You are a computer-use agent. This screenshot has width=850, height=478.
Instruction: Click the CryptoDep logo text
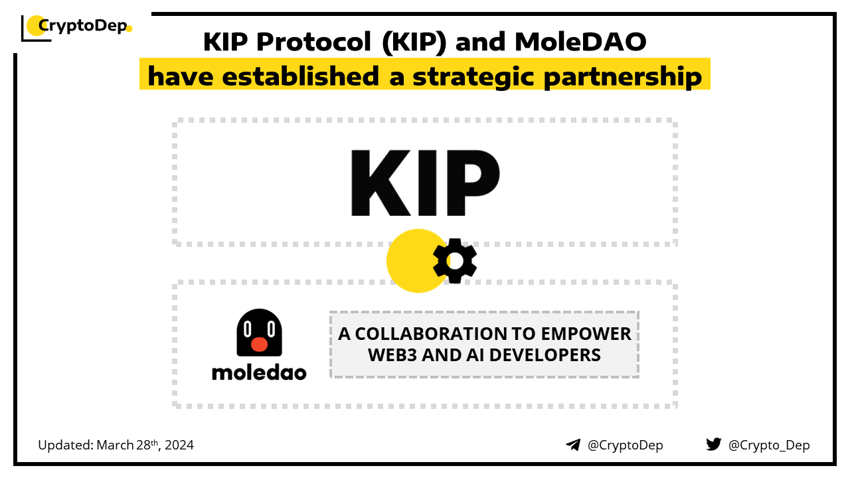[x=83, y=26]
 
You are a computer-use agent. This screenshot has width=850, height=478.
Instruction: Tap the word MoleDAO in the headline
[x=580, y=42]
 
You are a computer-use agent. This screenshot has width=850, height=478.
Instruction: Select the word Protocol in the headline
[x=313, y=42]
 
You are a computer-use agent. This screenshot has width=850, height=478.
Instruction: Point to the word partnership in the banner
[x=622, y=76]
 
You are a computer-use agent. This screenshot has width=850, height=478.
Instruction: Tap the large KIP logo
[x=425, y=183]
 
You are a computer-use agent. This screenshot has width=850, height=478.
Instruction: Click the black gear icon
[x=455, y=261]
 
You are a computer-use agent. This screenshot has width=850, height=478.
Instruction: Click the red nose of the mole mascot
[x=259, y=344]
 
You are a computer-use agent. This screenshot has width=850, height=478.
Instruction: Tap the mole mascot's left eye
[x=248, y=329]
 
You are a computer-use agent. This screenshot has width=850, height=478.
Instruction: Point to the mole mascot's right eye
[x=271, y=329]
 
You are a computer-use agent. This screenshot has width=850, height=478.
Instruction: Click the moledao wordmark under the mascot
[x=259, y=373]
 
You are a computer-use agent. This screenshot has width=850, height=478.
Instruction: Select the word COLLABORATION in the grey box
[x=431, y=334]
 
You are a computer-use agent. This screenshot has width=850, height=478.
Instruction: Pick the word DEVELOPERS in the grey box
[x=545, y=355]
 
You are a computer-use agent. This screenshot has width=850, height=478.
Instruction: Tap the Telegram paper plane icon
[x=573, y=445]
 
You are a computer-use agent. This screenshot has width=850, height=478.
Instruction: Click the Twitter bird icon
[x=714, y=444]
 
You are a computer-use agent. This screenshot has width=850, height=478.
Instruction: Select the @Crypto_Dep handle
[x=769, y=445]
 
